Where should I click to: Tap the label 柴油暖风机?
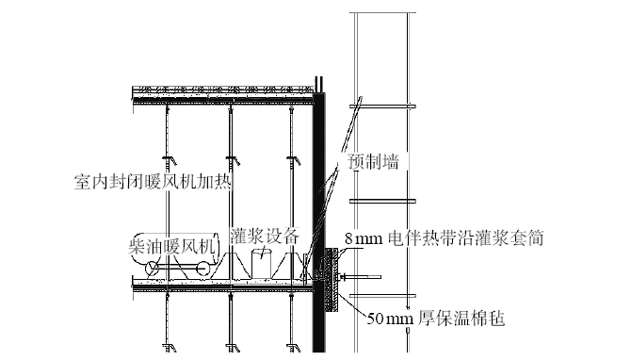click(x=173, y=246)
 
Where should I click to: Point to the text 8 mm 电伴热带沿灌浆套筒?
click(x=443, y=238)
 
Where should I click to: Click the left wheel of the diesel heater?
click(x=152, y=270)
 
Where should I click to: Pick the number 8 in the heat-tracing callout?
click(x=349, y=239)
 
